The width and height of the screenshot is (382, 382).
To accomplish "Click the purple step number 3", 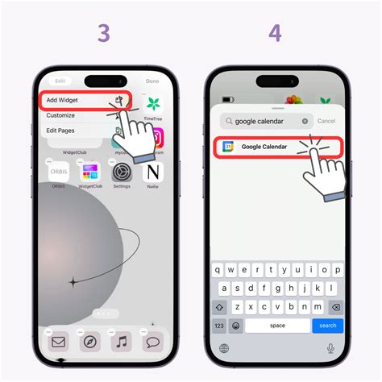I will pyautogui.click(x=104, y=33).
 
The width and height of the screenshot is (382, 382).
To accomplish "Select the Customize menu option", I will pyautogui.click(x=60, y=115).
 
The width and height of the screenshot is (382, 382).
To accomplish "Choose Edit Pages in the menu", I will pyautogui.click(x=62, y=131).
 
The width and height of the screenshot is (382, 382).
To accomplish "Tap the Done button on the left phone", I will pyautogui.click(x=152, y=81).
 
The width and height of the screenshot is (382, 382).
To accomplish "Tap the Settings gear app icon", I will pyautogui.click(x=122, y=172).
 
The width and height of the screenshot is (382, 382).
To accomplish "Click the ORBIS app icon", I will pyautogui.click(x=58, y=172).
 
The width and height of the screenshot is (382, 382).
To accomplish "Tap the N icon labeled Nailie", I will pyautogui.click(x=153, y=172).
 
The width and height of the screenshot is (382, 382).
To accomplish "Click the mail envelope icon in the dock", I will pyautogui.click(x=58, y=342).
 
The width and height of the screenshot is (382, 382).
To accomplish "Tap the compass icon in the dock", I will pyautogui.click(x=89, y=342).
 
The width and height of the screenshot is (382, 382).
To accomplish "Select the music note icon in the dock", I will pyautogui.click(x=121, y=342).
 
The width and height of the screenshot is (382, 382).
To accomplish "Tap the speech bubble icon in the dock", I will pyautogui.click(x=152, y=342).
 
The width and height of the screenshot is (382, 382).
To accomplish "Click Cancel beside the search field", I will pyautogui.click(x=326, y=121).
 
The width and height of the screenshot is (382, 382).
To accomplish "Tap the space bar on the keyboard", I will pyautogui.click(x=277, y=325).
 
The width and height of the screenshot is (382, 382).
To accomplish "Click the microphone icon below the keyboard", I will pyautogui.click(x=330, y=348).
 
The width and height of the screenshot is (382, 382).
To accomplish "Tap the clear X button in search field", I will pyautogui.click(x=305, y=121).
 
